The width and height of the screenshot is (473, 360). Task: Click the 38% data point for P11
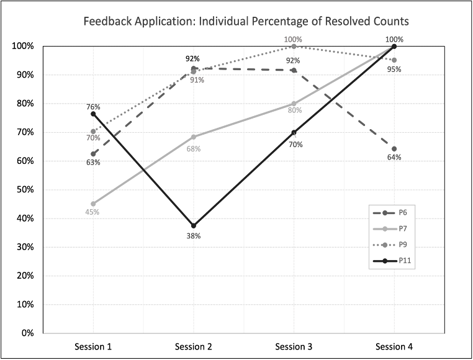pos(194,225)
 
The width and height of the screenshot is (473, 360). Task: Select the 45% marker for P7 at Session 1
pos(93,204)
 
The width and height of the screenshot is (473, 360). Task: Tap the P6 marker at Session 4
pos(394,149)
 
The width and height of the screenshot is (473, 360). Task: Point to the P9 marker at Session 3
pos(294,46)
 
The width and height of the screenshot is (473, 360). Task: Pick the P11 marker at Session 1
pos(93,114)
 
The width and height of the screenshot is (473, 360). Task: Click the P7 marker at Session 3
pos(294,104)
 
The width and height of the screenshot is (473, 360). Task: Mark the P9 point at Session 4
pos(394,60)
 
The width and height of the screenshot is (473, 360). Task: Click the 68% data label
pos(193,149)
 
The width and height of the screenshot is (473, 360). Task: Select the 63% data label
pos(93,162)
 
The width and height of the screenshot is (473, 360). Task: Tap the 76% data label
pos(93,106)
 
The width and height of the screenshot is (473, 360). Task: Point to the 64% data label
pos(394,158)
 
